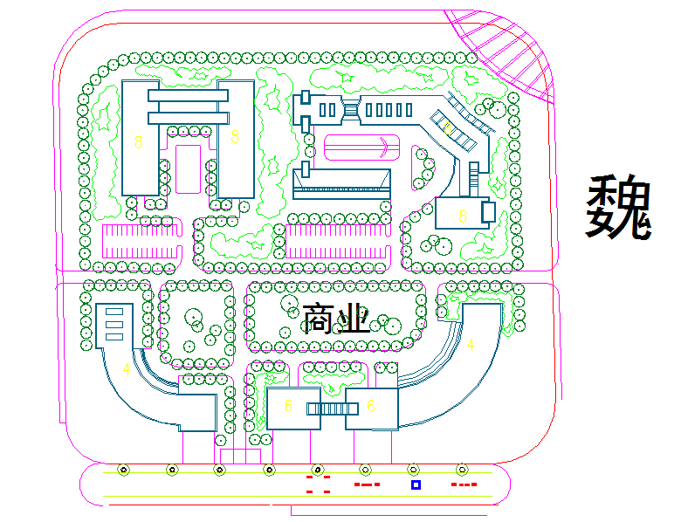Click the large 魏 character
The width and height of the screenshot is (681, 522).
point(619,207)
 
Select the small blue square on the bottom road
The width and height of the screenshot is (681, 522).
point(416,484)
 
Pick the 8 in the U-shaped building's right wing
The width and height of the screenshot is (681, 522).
point(235,137)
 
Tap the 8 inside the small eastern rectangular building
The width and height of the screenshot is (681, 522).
point(463,213)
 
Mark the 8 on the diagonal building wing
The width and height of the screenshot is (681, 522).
point(447,127)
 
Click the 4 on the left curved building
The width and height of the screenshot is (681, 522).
point(127,369)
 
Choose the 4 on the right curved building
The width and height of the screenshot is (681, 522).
point(471,345)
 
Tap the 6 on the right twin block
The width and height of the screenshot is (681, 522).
point(371,406)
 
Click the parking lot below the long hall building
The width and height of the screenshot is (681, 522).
point(337,241)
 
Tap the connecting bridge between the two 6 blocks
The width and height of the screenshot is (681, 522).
point(327,408)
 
